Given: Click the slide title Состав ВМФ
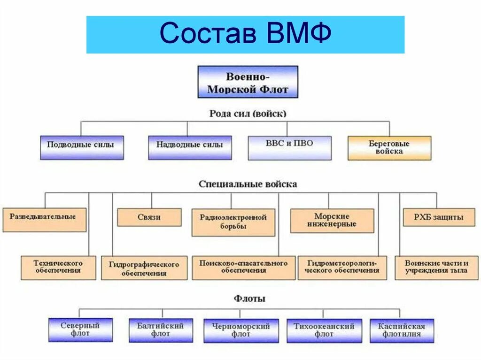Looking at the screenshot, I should click(x=245, y=34).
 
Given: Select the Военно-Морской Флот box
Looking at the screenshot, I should click(x=248, y=82).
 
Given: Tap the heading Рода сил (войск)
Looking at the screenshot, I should click(x=248, y=113).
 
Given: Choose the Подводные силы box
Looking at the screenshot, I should click(x=82, y=147).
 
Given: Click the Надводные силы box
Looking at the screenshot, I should click(x=190, y=147).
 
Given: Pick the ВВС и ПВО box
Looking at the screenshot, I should click(x=289, y=147).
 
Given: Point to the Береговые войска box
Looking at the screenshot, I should click(x=389, y=148).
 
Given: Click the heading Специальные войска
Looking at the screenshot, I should click(x=248, y=184).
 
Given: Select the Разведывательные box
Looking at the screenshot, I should click(x=45, y=220).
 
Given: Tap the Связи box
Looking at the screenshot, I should click(x=149, y=217).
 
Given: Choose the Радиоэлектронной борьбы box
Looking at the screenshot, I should click(x=233, y=222).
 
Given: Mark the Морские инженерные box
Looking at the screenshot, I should click(x=332, y=221).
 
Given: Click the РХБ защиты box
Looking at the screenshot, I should click(x=438, y=217).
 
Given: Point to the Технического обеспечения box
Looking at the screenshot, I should click(x=58, y=268).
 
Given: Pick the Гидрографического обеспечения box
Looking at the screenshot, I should click(x=144, y=268).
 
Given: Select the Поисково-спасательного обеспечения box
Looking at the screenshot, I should click(x=243, y=268).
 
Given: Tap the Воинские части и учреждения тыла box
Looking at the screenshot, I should click(x=436, y=268).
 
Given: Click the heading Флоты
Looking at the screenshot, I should click(x=249, y=299).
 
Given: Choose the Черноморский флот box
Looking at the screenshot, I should click(x=240, y=330).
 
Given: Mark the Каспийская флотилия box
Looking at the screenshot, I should click(x=402, y=330).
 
